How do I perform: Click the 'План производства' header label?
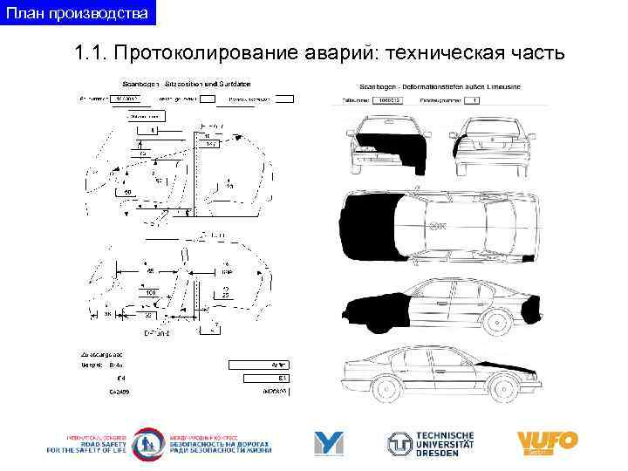point(78,13)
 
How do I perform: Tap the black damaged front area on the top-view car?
point(372,228)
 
